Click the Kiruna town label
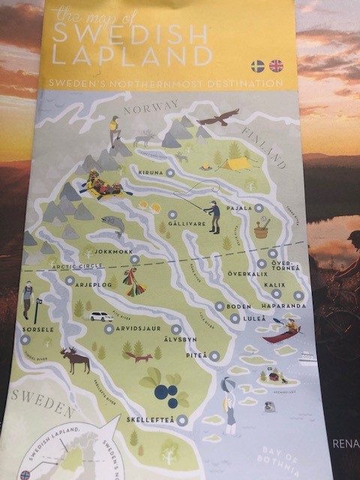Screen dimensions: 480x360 (x=151, y=172)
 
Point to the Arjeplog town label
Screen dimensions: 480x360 (x=93, y=286)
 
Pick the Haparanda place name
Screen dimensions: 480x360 (x=284, y=306)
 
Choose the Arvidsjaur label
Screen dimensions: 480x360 (x=141, y=328)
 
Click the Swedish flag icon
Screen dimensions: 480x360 (x=257, y=66)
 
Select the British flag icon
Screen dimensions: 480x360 (x=276, y=66)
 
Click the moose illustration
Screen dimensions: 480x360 (x=75, y=359)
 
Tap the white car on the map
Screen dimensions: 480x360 (x=101, y=316)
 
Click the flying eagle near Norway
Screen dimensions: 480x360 (x=217, y=117)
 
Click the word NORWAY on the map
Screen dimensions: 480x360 (x=150, y=109)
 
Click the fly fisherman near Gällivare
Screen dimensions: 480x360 (x=213, y=216)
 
